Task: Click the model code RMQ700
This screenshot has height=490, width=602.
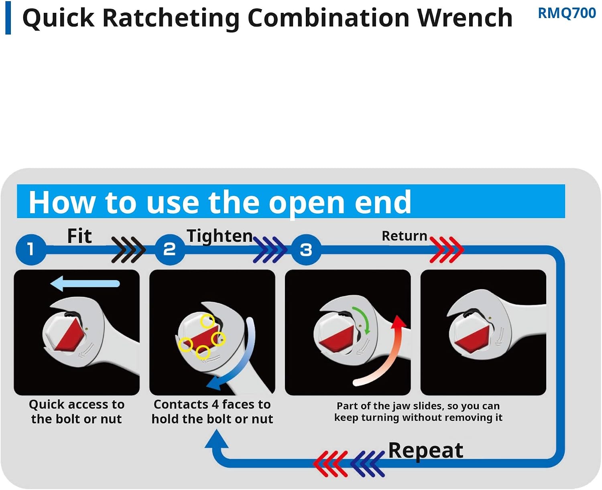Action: click(x=567, y=13)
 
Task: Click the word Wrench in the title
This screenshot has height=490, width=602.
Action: click(x=465, y=18)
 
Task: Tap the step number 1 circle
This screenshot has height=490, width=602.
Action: click(x=31, y=249)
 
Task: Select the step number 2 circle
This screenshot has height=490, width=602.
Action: click(x=170, y=249)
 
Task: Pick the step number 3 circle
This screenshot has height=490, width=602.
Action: click(x=306, y=249)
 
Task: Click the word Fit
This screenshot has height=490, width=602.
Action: click(x=79, y=236)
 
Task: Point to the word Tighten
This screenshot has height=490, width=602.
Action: click(x=220, y=236)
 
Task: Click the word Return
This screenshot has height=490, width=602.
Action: click(x=404, y=236)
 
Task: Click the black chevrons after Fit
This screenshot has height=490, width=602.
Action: click(x=128, y=250)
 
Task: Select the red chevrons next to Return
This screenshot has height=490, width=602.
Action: click(x=447, y=250)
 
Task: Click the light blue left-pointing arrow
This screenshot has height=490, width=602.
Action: click(x=85, y=283)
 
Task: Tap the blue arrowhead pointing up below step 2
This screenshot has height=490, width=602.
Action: click(x=216, y=439)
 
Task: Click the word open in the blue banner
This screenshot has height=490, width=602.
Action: click(x=307, y=203)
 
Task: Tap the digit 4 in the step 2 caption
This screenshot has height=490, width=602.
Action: click(x=215, y=405)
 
